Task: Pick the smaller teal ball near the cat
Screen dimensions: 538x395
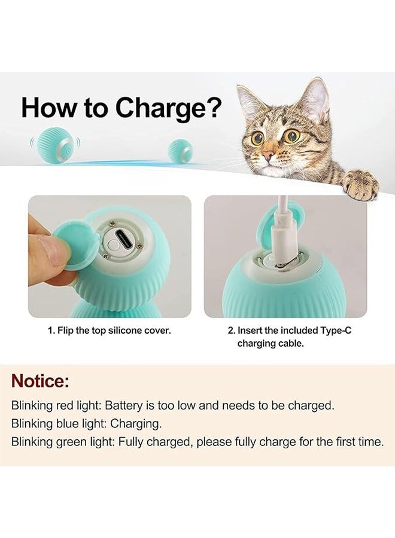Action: (180, 150)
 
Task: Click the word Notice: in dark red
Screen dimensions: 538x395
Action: (41, 381)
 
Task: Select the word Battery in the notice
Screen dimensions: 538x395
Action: (124, 405)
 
